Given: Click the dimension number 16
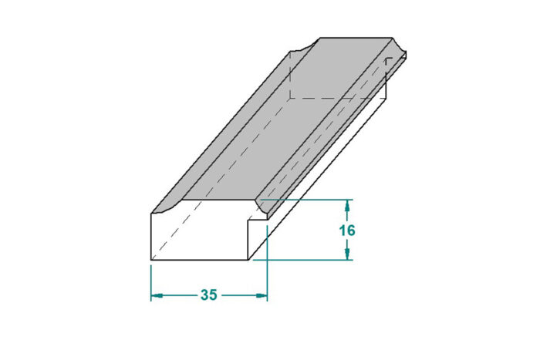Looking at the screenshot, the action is (347, 230).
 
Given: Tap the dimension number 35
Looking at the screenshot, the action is (209, 295).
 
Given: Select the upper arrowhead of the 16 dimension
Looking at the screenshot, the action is (347, 206).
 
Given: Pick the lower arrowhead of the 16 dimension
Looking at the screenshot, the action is (347, 254).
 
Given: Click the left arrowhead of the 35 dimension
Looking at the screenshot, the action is (157, 295).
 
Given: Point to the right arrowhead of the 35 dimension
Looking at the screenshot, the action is (262, 295).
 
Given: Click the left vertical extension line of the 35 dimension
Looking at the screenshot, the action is (151, 283).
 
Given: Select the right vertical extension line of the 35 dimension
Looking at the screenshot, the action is (267, 264).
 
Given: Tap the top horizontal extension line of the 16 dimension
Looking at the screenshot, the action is (306, 200).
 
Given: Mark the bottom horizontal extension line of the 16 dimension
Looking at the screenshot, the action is (303, 260).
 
